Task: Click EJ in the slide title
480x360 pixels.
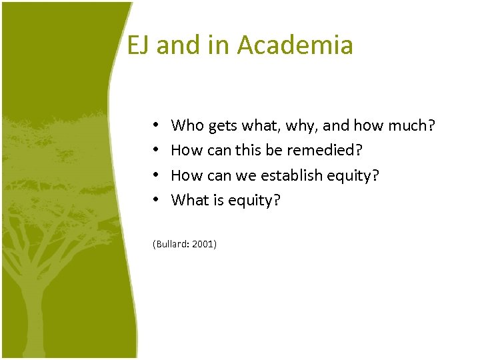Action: (138, 45)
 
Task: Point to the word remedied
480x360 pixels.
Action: (323, 150)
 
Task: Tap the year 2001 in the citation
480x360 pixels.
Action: (203, 245)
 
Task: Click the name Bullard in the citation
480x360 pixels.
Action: (171, 245)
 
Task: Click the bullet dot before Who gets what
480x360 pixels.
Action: (155, 125)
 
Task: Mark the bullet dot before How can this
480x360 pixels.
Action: (155, 150)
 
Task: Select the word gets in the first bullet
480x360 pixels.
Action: (222, 125)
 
